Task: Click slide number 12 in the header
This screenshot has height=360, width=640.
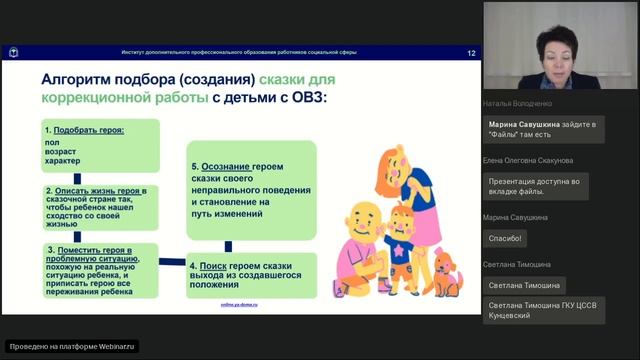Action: (471, 52)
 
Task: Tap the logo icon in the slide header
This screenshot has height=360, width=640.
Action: (14, 52)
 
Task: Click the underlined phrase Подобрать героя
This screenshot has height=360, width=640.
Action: (82, 131)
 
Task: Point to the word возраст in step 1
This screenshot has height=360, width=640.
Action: (61, 150)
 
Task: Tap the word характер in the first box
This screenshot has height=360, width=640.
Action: (63, 160)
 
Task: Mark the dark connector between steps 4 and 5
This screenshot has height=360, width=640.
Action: (229, 244)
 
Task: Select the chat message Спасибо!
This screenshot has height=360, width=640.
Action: (506, 238)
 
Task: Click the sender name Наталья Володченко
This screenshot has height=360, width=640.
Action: (517, 103)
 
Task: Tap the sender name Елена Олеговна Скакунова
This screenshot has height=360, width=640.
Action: (528, 160)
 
